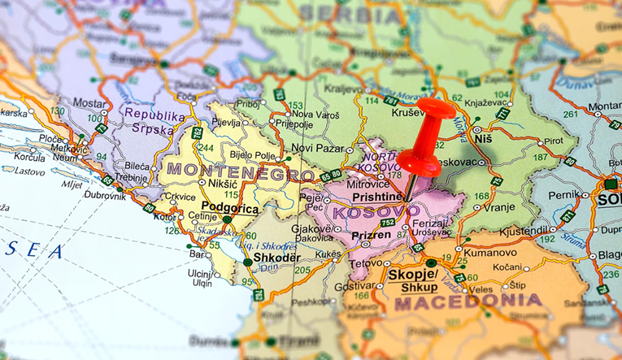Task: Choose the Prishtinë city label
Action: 377,197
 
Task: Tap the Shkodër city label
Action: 277,257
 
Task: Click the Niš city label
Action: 484,139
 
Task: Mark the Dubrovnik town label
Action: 105,195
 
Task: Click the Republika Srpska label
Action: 149,122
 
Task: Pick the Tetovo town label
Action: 366,265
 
